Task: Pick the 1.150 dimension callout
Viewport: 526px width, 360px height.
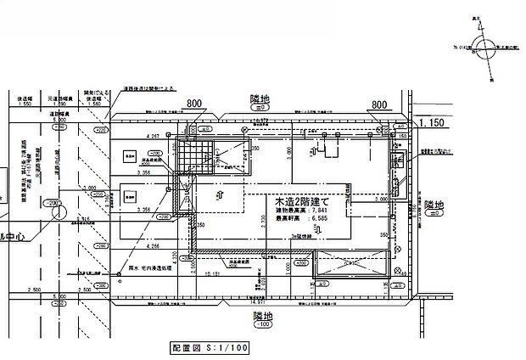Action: click(x=433, y=124)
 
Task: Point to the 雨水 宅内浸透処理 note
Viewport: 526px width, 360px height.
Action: click(x=154, y=265)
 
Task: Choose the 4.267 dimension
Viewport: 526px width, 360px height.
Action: click(x=154, y=136)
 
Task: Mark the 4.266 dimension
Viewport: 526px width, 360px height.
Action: click(x=154, y=246)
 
